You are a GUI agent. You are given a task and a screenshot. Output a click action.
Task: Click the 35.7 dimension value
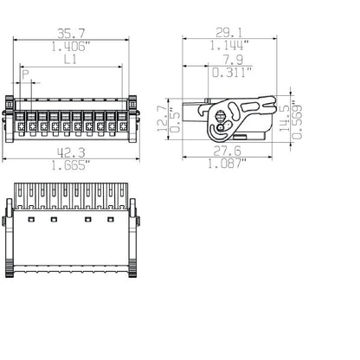[71, 34]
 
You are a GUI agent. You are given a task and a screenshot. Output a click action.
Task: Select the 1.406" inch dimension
[71, 47]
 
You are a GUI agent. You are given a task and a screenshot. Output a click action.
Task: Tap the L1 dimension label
[70, 60]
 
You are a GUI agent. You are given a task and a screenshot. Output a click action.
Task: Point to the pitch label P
[26, 75]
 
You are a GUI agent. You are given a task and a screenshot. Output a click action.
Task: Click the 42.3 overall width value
[71, 152]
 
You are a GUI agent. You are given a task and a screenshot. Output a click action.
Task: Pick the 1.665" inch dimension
[71, 165]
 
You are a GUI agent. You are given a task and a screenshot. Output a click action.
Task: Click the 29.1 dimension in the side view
[229, 33]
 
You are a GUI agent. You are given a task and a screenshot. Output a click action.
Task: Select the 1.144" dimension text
[228, 46]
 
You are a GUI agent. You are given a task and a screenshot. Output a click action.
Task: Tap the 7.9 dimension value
[233, 60]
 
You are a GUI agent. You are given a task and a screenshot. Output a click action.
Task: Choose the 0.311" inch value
[232, 73]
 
